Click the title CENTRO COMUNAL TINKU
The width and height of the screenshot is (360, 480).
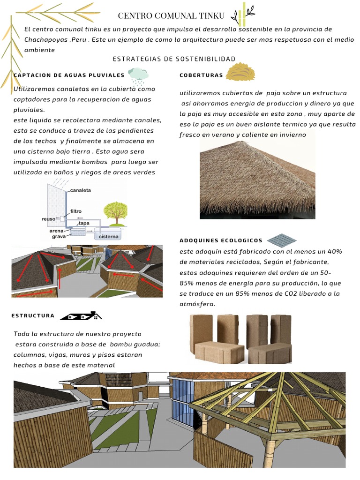pos(171,16)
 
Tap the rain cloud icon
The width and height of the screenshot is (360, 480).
pos(138,75)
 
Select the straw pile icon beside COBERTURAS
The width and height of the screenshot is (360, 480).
pos(240,73)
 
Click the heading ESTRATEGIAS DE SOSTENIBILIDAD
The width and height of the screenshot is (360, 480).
pos(174,59)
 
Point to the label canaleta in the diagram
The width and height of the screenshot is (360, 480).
pos(80,191)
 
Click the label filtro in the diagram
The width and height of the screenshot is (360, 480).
pos(75,211)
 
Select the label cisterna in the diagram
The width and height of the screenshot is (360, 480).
pos(109,237)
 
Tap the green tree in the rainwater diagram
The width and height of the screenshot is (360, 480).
pos(115,212)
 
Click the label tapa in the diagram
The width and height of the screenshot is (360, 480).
pos(84,223)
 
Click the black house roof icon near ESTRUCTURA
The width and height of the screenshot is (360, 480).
pos(81,316)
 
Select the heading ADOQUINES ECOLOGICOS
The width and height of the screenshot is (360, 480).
pos(221,240)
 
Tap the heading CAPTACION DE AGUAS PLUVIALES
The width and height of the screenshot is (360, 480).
pos(69,75)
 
